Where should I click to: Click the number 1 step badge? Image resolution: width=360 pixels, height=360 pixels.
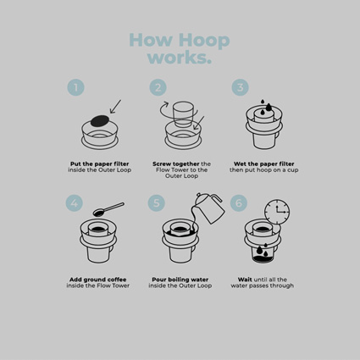coord(75,87)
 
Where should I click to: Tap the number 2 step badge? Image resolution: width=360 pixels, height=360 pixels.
coord(158,87)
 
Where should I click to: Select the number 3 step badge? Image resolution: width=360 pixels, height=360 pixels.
coord(240,87)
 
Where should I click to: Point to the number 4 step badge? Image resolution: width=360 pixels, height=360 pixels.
coord(75,203)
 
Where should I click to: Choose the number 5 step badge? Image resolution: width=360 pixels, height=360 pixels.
coord(157,203)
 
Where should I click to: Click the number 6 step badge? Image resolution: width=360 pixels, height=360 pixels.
coord(239,203)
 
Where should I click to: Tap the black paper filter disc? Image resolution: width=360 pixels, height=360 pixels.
coord(100,120)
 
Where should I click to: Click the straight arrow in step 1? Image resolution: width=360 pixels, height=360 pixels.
coord(115,107)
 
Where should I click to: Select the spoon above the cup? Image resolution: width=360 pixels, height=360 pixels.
coord(108,209)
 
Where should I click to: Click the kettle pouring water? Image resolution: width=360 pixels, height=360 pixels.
coord(210,208)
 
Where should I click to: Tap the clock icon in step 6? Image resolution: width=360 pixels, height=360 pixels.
coord(277,212)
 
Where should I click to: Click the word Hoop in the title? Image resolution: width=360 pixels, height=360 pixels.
coord(204,41)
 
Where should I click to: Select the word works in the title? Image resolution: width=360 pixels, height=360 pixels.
coord(179,58)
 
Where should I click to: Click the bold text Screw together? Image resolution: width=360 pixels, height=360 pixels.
coord(176,163)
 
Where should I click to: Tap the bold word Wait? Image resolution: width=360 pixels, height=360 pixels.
coord(245,280)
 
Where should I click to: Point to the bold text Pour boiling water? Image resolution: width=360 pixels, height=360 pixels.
coord(180,280)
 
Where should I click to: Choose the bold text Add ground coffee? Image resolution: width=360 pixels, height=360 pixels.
coord(98,280)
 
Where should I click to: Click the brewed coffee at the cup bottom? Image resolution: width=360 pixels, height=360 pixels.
coord(263,259)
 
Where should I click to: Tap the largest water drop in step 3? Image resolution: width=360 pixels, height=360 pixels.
coord(269,107)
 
